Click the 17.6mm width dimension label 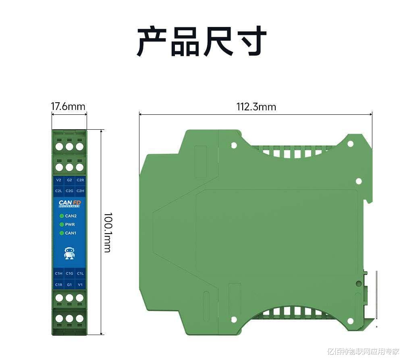(x=68, y=107)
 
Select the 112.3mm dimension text (x=256, y=107)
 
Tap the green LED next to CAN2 (x=62, y=216)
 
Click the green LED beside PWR (x=62, y=224)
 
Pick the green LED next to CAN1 (x=62, y=233)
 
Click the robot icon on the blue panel (x=69, y=253)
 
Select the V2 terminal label (x=59, y=180)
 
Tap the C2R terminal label (x=80, y=180)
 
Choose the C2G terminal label (x=69, y=190)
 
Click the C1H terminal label (x=59, y=274)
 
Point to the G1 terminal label (x=69, y=285)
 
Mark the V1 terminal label (x=80, y=285)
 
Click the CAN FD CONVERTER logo (x=69, y=204)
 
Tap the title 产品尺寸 (x=201, y=41)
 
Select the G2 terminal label (x=69, y=180)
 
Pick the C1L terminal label (x=80, y=274)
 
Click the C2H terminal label (x=80, y=190)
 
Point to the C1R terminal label (x=59, y=285)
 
